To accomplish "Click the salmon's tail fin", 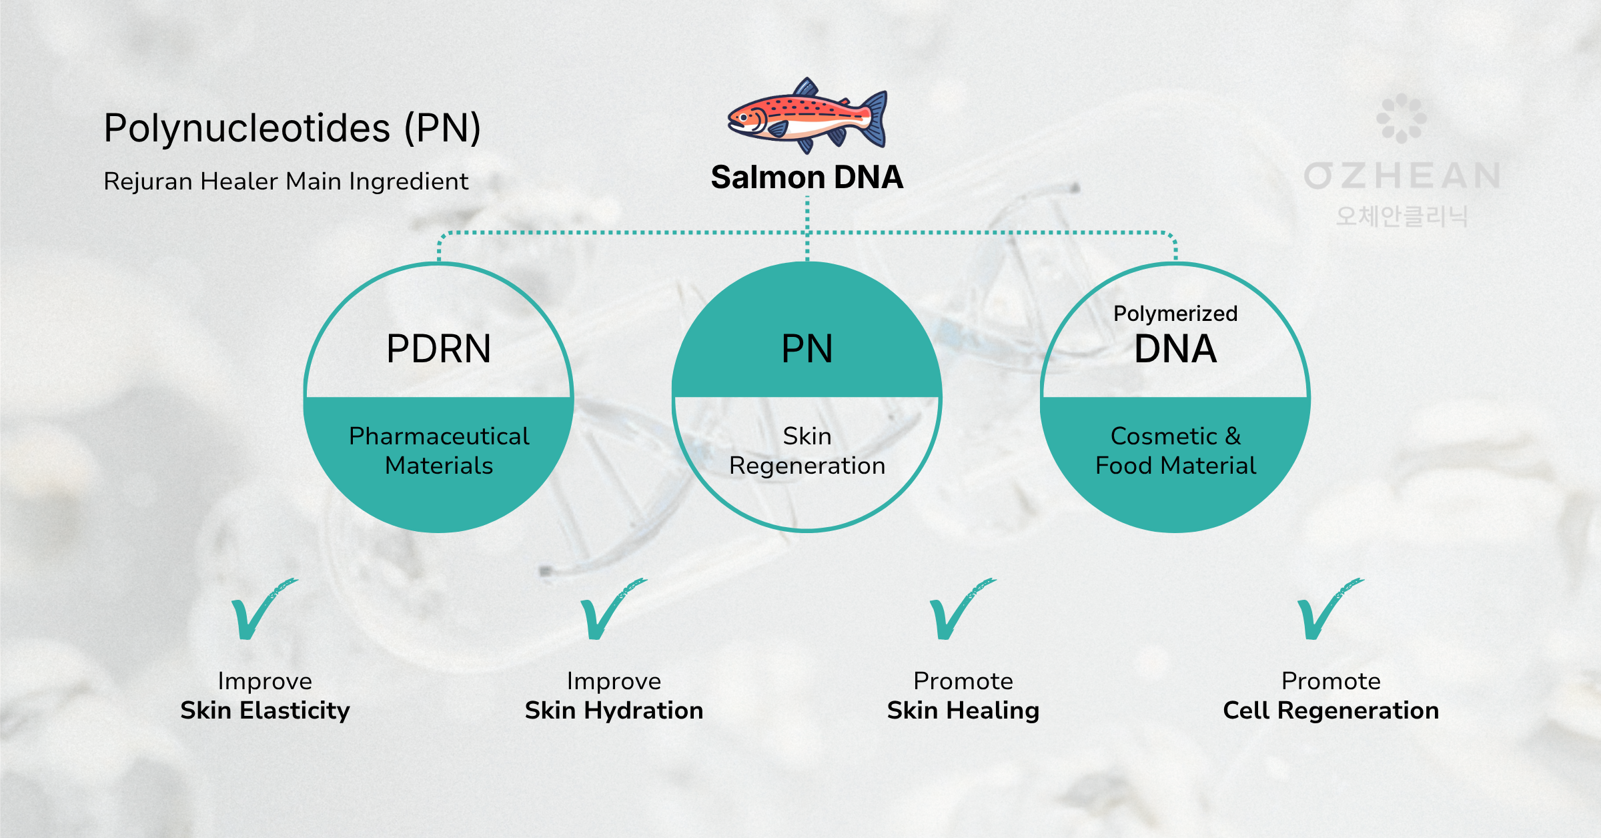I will coord(874,118).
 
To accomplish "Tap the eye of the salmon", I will coord(743,118).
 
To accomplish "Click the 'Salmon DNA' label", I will coord(807,177).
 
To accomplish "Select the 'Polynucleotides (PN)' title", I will coord(292,128).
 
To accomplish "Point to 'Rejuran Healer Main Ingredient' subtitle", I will coord(286,181).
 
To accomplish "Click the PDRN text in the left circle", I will coord(438,349).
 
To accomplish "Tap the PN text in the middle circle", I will coord(807,349).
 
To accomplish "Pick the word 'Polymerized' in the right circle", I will coord(1175,314).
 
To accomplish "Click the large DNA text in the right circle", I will coord(1175,349).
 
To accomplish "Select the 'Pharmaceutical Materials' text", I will coord(438,451).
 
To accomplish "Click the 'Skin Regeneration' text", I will coord(807,451).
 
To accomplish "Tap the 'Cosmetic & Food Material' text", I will coord(1175,451).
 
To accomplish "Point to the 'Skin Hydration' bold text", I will coord(614,711).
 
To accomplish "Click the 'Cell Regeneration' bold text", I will coord(1331,711).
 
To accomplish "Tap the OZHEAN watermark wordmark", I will coord(1402,176).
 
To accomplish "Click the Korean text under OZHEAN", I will coord(1402,216).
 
